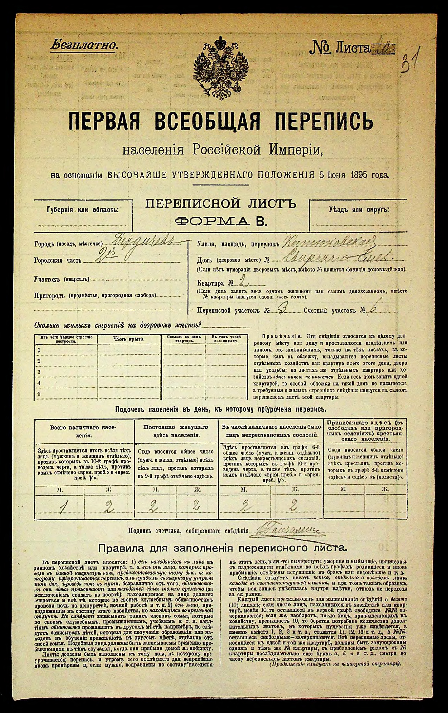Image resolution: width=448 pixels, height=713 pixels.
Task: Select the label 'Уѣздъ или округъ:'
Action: tap(359, 210)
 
